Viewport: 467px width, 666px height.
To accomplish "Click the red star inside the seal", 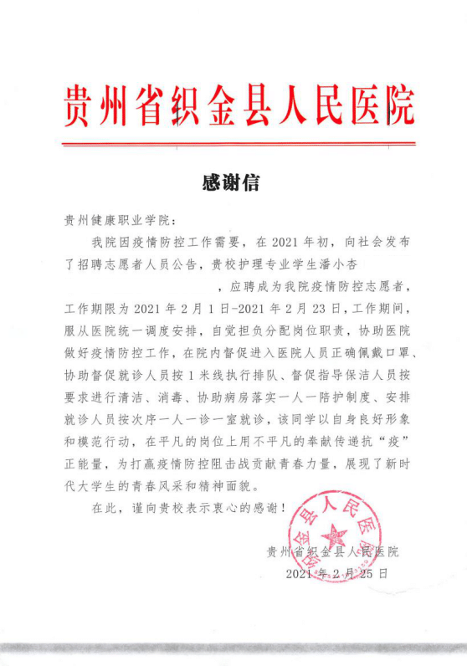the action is coord(336,535).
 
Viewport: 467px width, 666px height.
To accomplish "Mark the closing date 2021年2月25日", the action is coord(337,574).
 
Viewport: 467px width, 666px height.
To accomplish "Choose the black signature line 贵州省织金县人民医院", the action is coord(332,551).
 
